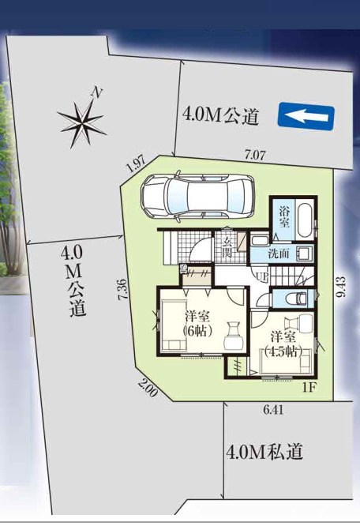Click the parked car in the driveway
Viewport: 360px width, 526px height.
tap(198, 197)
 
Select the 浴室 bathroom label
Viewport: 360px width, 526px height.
tap(284, 217)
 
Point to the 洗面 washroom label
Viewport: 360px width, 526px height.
tap(279, 254)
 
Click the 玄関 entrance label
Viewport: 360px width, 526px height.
tap(227, 247)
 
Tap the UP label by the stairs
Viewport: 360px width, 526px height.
tap(262, 277)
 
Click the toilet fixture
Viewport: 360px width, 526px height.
tap(298, 298)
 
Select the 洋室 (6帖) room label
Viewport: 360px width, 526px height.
tap(198, 323)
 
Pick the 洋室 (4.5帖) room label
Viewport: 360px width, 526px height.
tap(283, 344)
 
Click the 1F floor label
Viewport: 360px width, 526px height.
tap(309, 388)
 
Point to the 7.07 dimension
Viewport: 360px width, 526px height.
tap(255, 156)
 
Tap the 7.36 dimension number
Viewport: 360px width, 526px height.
tap(122, 290)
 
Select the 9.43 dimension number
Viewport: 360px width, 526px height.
tap(342, 287)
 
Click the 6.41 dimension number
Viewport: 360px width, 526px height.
tap(273, 410)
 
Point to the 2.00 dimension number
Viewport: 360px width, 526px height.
tap(148, 389)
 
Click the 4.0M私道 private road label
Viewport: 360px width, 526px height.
tap(264, 452)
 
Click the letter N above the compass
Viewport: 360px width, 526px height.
tap(97, 92)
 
